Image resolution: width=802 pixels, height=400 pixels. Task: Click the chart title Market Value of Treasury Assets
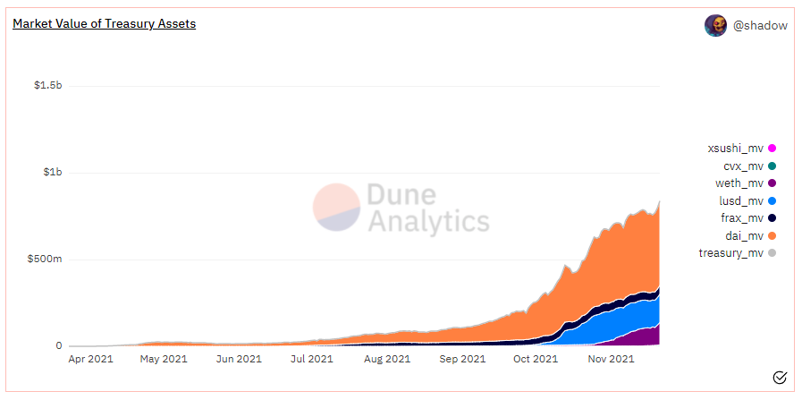tap(104, 24)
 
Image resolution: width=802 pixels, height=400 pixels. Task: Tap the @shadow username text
tap(760, 26)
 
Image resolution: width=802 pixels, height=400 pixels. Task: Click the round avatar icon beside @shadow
tap(715, 26)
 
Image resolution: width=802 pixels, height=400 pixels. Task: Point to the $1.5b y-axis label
tap(47, 86)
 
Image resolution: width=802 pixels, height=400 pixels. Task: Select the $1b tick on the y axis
tap(53, 173)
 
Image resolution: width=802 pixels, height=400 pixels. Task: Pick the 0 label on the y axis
tap(59, 346)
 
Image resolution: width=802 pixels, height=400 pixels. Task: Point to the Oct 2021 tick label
tap(534, 360)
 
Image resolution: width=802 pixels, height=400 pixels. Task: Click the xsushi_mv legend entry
tap(735, 149)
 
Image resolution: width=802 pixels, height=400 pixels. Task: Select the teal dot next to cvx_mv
tap(772, 166)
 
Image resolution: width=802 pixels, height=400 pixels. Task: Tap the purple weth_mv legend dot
tap(772, 183)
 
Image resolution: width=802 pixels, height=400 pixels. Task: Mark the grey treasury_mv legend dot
tap(772, 253)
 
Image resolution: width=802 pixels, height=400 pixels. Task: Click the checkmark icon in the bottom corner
tap(779, 377)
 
